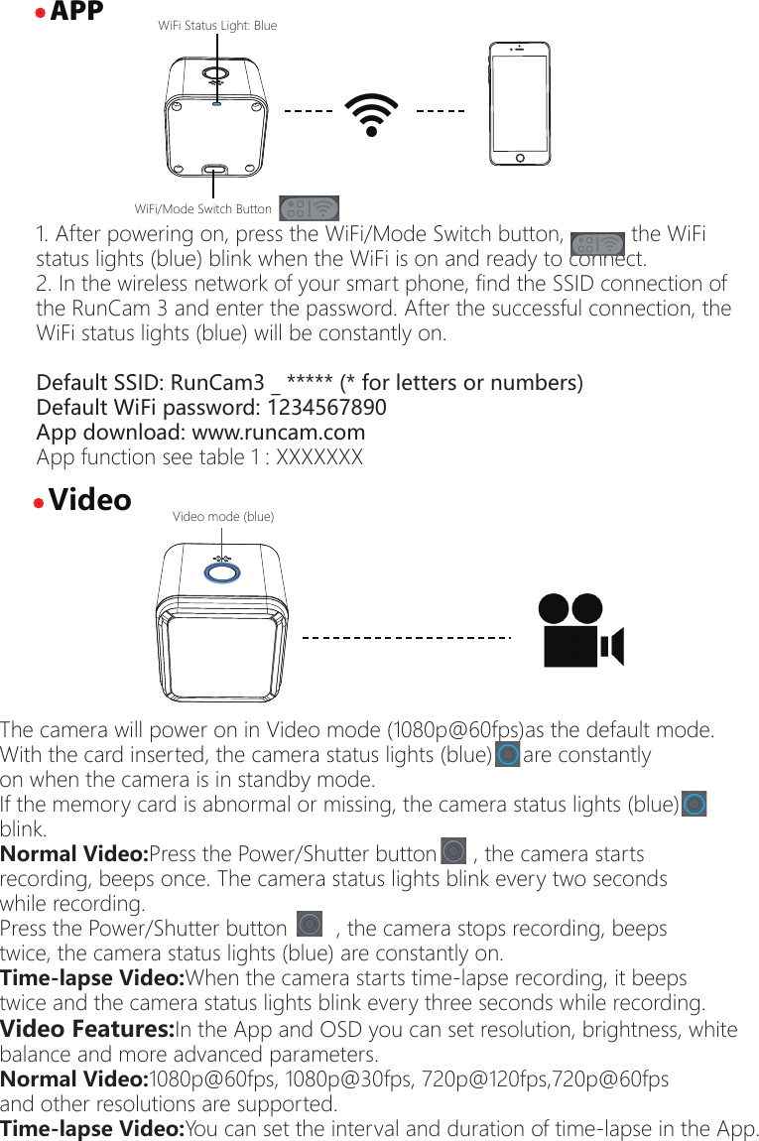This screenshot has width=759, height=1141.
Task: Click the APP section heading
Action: pyautogui.click(x=76, y=12)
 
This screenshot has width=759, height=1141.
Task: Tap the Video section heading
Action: pyautogui.click(x=90, y=500)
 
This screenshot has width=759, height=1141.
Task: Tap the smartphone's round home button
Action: pyautogui.click(x=518, y=158)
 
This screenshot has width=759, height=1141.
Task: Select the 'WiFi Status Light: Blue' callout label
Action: pyautogui.click(x=217, y=26)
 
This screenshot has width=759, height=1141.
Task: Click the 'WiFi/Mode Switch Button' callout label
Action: pyautogui.click(x=202, y=209)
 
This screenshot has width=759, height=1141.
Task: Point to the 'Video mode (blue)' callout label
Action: pyautogui.click(x=223, y=516)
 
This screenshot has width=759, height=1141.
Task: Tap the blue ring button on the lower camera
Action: pyautogui.click(x=221, y=572)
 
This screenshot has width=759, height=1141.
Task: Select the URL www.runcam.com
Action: pyautogui.click(x=278, y=433)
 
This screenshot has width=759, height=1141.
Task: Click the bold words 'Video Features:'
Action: pyautogui.click(x=87, y=1029)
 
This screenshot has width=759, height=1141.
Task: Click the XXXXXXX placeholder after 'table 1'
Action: pyautogui.click(x=319, y=457)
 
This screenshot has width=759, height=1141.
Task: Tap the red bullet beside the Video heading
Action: pyautogui.click(x=38, y=503)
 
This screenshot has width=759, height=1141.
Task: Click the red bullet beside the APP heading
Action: pyautogui.click(x=40, y=14)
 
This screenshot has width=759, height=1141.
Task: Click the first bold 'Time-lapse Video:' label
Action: pyautogui.click(x=92, y=978)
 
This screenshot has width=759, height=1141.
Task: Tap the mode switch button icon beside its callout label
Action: pyautogui.click(x=309, y=208)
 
